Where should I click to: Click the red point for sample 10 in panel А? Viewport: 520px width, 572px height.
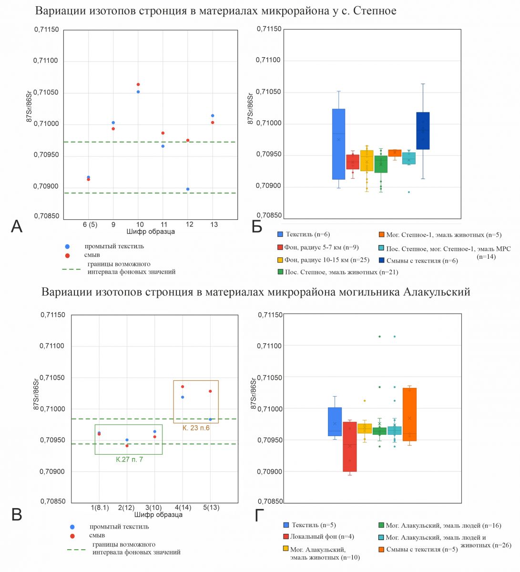[138, 84]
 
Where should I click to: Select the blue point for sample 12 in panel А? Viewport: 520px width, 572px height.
[188, 189]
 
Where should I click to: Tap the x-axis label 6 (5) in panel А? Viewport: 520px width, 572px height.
[90, 225]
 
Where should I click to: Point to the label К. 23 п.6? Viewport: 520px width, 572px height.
[196, 428]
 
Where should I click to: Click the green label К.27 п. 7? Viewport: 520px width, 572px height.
[129, 460]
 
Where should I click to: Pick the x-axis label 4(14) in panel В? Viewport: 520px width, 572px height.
[183, 507]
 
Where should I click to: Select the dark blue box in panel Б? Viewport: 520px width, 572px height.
[423, 131]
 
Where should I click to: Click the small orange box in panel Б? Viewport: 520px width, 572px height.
[395, 153]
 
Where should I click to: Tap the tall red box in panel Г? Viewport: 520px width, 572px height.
[350, 447]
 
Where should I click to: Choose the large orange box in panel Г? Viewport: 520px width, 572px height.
[409, 414]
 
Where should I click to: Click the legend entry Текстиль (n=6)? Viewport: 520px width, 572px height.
[304, 235]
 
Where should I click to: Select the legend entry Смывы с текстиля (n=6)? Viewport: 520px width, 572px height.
[418, 261]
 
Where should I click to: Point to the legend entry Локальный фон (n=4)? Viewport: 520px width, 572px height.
[318, 537]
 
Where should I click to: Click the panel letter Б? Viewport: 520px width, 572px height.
[257, 227]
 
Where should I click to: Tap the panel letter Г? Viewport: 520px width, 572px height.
[259, 515]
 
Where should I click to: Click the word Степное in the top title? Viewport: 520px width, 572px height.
[375, 11]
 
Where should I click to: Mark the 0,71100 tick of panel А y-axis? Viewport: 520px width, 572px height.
[46, 61]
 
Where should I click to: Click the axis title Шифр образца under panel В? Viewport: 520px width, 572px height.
[158, 515]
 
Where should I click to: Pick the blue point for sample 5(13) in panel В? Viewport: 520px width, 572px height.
[210, 419]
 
